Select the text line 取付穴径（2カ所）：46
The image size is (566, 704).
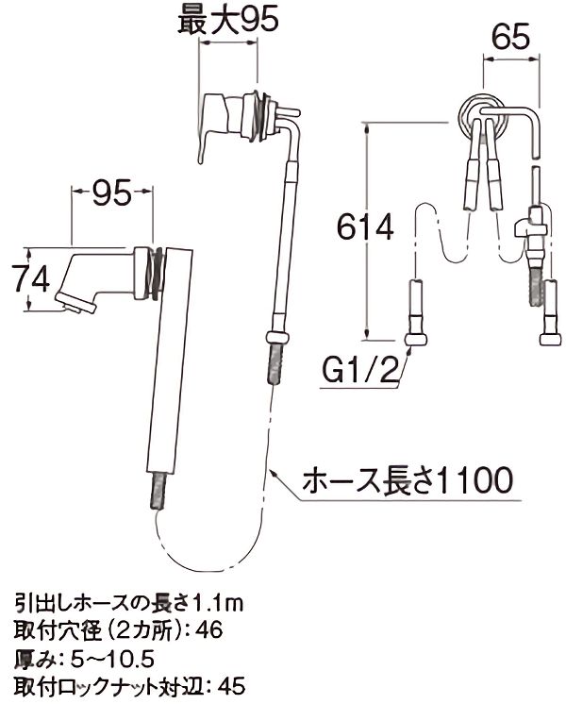[118, 628]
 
